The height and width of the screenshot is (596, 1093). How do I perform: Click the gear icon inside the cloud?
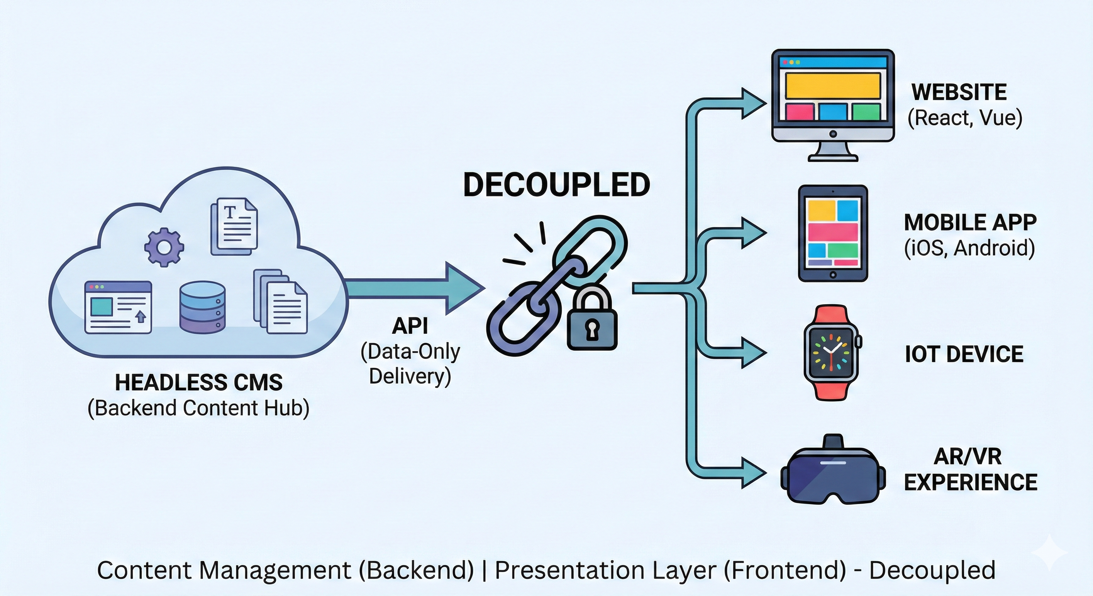pyautogui.click(x=164, y=247)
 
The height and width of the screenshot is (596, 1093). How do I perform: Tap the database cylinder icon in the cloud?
pyautogui.click(x=202, y=307)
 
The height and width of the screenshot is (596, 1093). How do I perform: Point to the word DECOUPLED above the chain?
pyautogui.click(x=556, y=185)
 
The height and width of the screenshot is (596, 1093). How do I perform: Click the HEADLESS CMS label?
pyautogui.click(x=199, y=383)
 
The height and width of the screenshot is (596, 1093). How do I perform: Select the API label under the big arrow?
pyautogui.click(x=410, y=326)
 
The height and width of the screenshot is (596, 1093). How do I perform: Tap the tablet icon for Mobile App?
pyautogui.click(x=833, y=233)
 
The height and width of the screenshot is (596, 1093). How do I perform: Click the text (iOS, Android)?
pyautogui.click(x=969, y=248)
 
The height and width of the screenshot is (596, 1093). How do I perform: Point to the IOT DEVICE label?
pyautogui.click(x=964, y=354)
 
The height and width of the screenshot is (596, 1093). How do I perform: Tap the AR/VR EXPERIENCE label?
pyautogui.click(x=970, y=470)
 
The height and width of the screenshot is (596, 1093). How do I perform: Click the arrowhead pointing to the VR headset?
pyautogui.click(x=753, y=472)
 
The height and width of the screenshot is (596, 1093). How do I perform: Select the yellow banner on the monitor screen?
pyautogui.click(x=833, y=86)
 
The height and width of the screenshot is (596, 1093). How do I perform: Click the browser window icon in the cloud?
pyautogui.click(x=118, y=307)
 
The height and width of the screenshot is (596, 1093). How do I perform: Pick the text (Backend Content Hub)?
pyautogui.click(x=199, y=408)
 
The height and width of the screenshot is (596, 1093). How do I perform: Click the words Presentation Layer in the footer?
pyautogui.click(x=605, y=570)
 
